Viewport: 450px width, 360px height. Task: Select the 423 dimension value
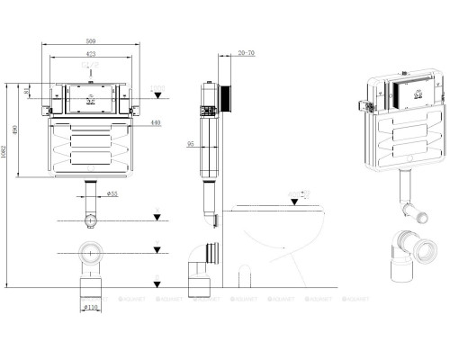(x=91, y=54)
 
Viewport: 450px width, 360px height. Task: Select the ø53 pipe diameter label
(x=112, y=193)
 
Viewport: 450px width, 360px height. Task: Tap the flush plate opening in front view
(x=91, y=93)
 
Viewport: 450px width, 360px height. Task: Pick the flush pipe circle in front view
(x=91, y=219)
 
